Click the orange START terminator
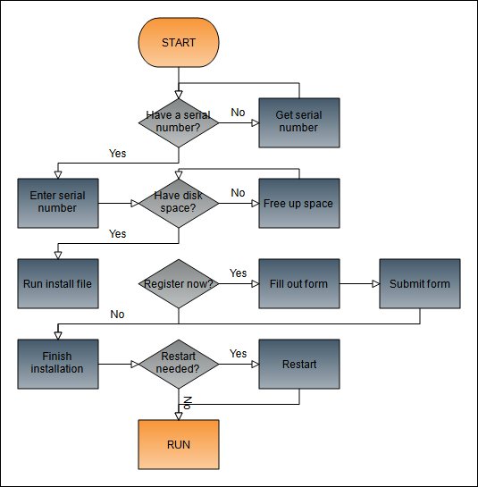tap(179, 42)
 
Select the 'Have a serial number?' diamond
tap(179, 122)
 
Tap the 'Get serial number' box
tap(299, 122)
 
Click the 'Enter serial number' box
tap(58, 203)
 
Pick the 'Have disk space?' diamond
tap(179, 203)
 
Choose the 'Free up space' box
tap(299, 203)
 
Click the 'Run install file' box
tap(58, 283)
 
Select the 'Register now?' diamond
tap(179, 283)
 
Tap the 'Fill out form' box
tap(299, 283)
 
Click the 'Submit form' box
tap(420, 283)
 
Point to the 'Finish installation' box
tap(58, 364)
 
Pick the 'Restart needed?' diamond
tap(179, 364)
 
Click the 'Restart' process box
tap(299, 364)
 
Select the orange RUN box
tap(179, 444)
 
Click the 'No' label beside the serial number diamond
tap(238, 113)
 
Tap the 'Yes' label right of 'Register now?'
tap(238, 273)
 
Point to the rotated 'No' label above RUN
tap(188, 403)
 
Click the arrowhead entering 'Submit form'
tap(376, 283)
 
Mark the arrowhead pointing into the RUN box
tap(179, 416)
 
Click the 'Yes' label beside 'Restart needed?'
tap(238, 354)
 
